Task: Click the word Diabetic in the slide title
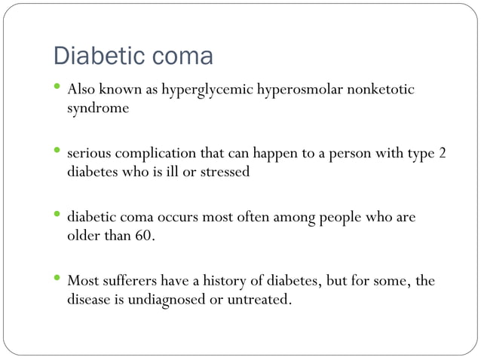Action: coord(97,56)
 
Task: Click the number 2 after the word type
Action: coord(443,154)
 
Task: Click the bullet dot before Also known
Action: coord(57,88)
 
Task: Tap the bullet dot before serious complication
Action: coord(57,151)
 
